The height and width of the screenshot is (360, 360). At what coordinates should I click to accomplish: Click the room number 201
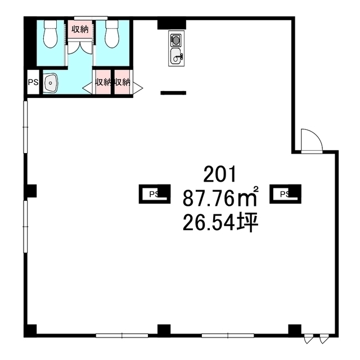(220, 174)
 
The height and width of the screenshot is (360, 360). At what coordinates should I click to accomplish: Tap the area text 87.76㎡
(220, 197)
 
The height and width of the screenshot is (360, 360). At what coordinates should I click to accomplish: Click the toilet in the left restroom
(51, 34)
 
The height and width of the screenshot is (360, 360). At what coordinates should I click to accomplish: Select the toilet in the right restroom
(112, 34)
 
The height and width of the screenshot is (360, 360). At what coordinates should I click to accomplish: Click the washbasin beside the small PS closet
(51, 83)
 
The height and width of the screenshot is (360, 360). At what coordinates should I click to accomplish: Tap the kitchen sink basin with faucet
(177, 56)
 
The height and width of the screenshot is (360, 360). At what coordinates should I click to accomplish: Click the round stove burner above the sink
(175, 40)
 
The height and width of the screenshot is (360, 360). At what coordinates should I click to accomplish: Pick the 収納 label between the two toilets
(80, 29)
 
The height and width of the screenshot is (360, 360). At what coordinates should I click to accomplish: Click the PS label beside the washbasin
(33, 82)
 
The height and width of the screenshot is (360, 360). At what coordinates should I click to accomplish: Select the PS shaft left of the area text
(155, 194)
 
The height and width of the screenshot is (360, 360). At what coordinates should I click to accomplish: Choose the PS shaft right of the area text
(285, 194)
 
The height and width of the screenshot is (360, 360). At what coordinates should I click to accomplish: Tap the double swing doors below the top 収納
(80, 47)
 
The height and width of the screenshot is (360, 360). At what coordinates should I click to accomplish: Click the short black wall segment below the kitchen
(173, 93)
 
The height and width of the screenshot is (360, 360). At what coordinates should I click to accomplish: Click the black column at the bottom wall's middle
(164, 330)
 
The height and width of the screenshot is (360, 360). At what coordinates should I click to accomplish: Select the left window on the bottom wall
(122, 336)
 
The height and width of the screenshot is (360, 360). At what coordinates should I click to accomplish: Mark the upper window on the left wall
(25, 127)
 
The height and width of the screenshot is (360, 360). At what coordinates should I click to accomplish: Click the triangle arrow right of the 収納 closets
(138, 88)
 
